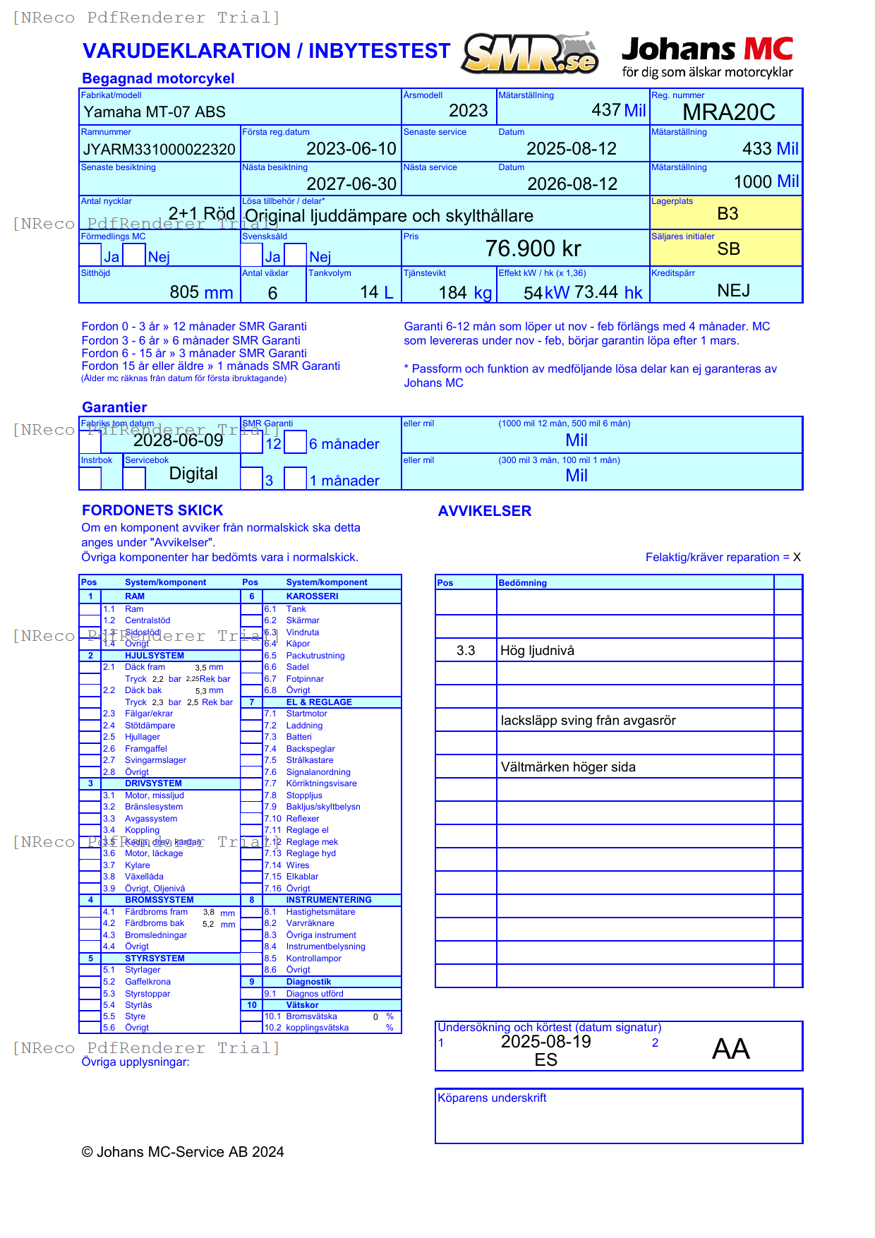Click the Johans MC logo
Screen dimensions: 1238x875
707,56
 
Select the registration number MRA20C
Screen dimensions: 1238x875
728,112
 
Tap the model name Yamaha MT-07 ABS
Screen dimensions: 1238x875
155,112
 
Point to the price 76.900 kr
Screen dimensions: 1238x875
533,248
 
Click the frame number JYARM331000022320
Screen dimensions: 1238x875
159,150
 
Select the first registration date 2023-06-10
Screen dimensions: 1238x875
351,149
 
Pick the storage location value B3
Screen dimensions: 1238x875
727,214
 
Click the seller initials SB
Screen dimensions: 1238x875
728,249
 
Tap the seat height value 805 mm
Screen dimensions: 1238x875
201,292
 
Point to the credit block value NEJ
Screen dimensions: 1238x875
733,291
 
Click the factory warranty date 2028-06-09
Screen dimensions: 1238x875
178,440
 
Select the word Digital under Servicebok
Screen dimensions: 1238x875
193,474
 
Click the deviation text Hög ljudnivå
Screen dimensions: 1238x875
536,651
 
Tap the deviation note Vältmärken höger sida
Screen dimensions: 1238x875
567,767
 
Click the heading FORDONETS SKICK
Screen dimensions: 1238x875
152,510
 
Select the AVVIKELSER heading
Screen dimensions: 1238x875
484,511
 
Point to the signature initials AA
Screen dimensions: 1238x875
730,1049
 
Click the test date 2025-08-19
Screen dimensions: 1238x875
545,1042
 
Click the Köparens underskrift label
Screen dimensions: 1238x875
492,1098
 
